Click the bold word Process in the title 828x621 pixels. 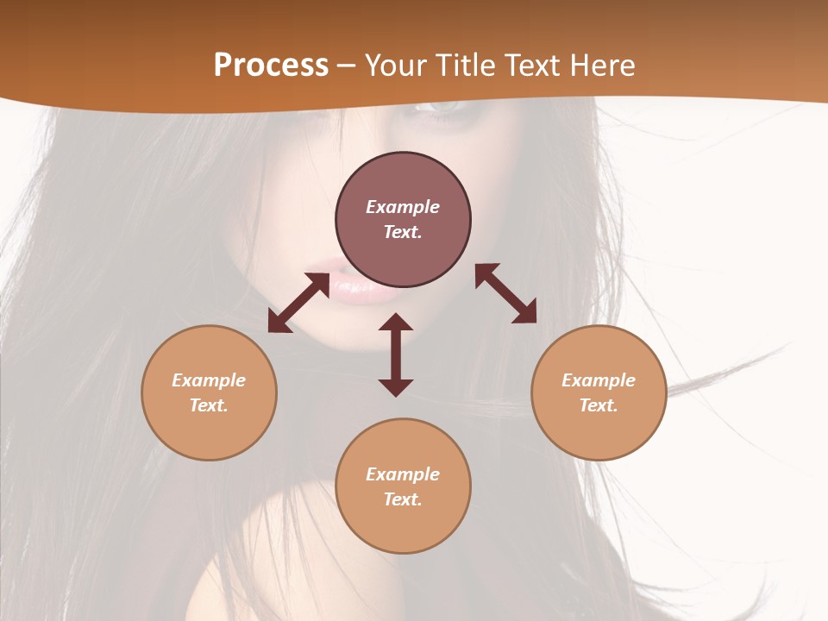271,66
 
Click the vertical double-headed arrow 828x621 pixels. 396,354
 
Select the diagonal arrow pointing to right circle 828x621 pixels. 505,293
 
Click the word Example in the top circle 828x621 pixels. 403,207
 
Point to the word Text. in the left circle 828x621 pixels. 209,405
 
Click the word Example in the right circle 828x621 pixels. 599,380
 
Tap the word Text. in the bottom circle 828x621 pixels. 403,499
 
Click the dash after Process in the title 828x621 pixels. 347,66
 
